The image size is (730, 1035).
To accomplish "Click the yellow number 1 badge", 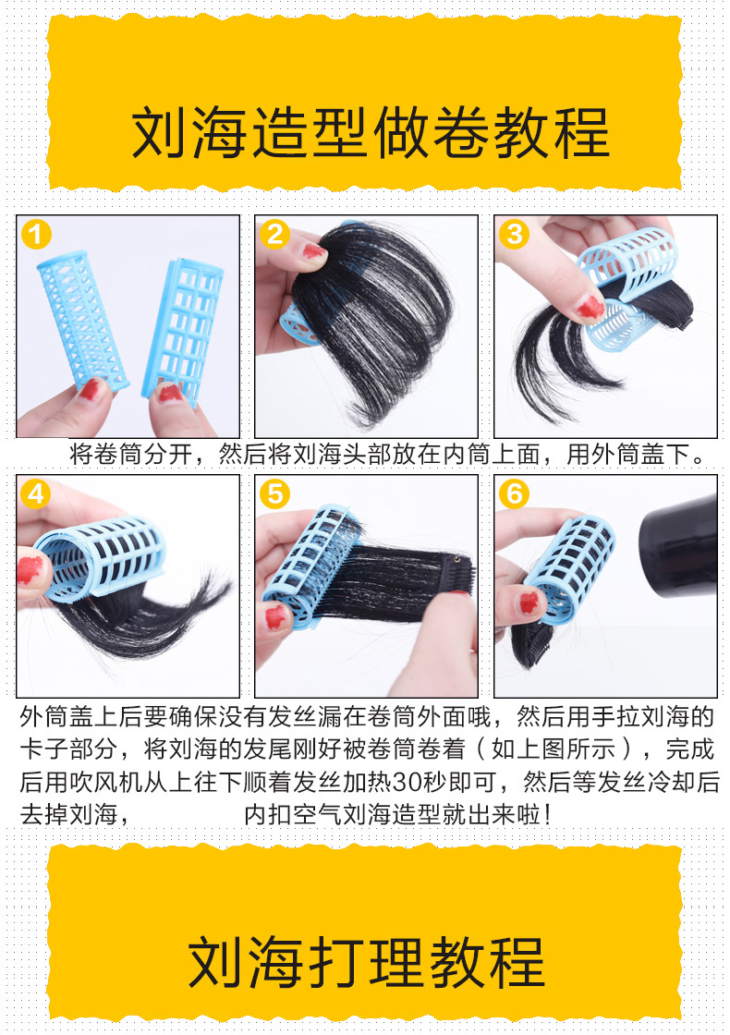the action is pos(36,235).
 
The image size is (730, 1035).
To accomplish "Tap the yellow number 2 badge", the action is pos(274,235).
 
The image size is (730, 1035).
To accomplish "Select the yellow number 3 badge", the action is pos(514,235).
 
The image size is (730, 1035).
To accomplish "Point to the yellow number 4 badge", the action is pos(36,493).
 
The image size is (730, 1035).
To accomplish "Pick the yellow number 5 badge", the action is pos(274,493).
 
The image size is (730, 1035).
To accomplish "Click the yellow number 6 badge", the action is pos(514,493).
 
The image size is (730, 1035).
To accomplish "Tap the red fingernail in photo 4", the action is pos(30,569).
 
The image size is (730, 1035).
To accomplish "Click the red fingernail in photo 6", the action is pos(529,603).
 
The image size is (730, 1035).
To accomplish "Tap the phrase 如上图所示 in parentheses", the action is pos(554,749).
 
